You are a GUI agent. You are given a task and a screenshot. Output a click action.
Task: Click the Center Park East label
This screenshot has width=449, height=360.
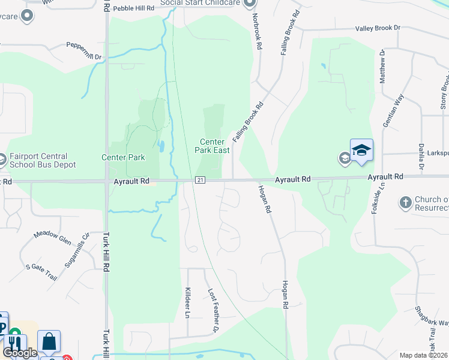pyautogui.click(x=214, y=146)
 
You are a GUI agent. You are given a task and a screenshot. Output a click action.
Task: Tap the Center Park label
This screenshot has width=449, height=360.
pyautogui.click(x=123, y=158)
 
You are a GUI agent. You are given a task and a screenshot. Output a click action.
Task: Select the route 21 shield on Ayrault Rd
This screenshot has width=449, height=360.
pyautogui.click(x=200, y=180)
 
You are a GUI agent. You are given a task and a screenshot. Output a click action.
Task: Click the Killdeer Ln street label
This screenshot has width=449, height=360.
pyautogui.click(x=187, y=302)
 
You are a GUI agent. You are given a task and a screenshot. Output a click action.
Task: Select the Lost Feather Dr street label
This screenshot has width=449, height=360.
pyautogui.click(x=212, y=310)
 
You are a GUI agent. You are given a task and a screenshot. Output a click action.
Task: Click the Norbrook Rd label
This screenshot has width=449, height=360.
pyautogui.click(x=258, y=31)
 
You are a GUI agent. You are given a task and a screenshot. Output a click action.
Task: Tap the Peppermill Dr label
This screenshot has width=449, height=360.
pyautogui.click(x=84, y=50)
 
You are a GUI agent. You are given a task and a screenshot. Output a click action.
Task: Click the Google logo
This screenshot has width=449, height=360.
pyautogui.click(x=20, y=353)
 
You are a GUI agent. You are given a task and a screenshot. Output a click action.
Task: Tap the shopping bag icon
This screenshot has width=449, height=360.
pyautogui.click(x=49, y=343)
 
